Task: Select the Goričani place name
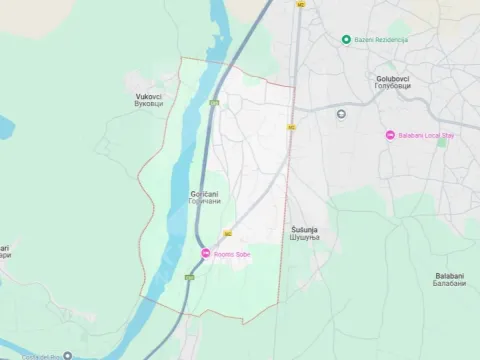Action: pyautogui.click(x=203, y=192)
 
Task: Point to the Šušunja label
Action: pyautogui.click(x=304, y=229)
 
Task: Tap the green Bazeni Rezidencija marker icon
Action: pyautogui.click(x=346, y=40)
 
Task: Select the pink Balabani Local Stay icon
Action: pyautogui.click(x=390, y=135)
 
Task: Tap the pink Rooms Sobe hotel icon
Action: pyautogui.click(x=205, y=255)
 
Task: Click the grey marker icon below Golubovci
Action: pyautogui.click(x=342, y=112)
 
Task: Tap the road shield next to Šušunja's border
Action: pyautogui.click(x=291, y=127)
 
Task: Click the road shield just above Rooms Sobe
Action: pyautogui.click(x=228, y=233)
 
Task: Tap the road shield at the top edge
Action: pyautogui.click(x=299, y=4)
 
